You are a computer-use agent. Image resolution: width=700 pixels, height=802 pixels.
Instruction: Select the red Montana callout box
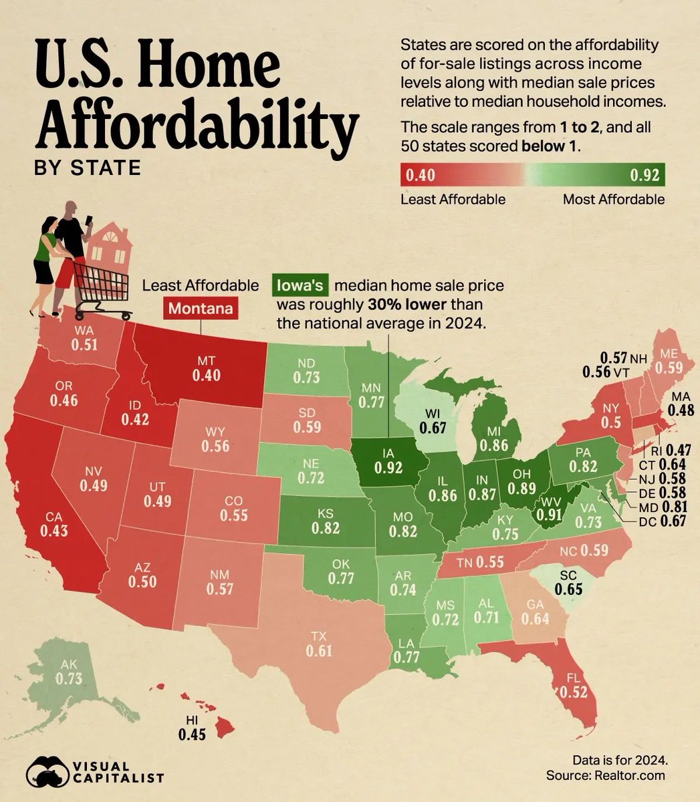pos(200,309)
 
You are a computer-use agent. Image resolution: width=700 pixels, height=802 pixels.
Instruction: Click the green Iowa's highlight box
pos(300,287)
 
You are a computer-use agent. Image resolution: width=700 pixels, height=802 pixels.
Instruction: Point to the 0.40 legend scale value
pos(421,176)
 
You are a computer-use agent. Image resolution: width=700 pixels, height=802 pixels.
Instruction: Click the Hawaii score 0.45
pos(191,734)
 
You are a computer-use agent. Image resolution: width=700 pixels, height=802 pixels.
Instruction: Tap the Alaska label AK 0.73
pos(66,672)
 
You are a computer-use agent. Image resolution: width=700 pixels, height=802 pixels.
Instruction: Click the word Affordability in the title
pos(195,126)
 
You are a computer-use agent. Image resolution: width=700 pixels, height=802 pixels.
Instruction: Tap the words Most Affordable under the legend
pos(613,199)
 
